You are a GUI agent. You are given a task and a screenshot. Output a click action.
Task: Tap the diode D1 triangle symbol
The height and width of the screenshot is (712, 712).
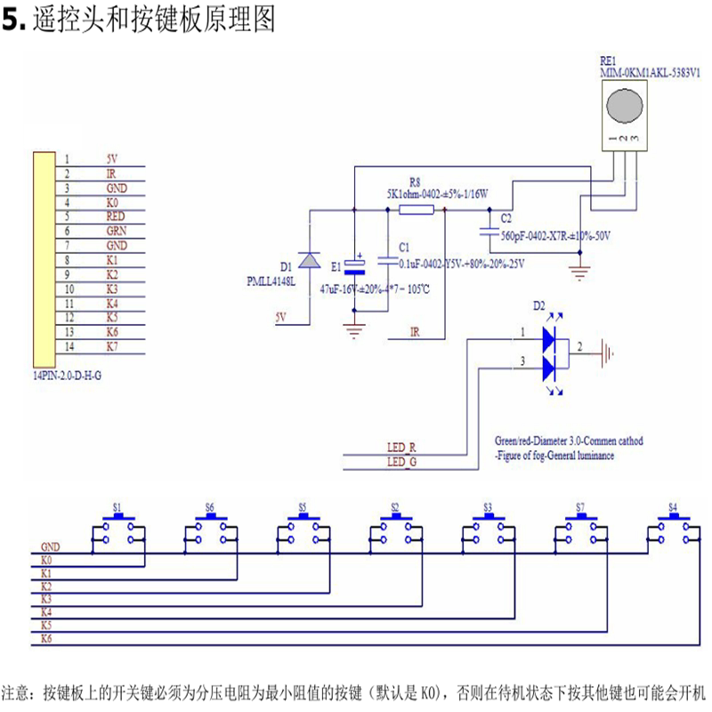click(x=309, y=259)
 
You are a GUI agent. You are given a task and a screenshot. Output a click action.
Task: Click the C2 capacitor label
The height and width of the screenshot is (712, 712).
click(x=506, y=218)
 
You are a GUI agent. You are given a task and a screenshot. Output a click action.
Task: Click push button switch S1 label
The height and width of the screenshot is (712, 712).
click(x=117, y=506)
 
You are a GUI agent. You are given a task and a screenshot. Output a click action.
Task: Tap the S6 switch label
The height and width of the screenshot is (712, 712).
click(x=210, y=506)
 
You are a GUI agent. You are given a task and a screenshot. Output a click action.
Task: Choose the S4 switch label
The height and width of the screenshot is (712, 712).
click(x=673, y=506)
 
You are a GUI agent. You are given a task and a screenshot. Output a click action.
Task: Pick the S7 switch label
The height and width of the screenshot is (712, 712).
click(x=580, y=506)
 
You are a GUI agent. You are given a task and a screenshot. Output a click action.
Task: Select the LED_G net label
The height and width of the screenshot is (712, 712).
click(x=402, y=461)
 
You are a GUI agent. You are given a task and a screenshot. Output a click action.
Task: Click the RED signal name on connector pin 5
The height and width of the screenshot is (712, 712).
click(x=116, y=216)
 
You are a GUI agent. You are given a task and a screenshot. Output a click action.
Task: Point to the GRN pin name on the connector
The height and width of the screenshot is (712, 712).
click(x=116, y=231)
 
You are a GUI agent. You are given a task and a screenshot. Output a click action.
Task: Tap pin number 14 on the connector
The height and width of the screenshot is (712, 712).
click(x=68, y=345)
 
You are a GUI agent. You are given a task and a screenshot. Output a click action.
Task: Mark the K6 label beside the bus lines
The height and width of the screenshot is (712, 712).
click(x=46, y=639)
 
